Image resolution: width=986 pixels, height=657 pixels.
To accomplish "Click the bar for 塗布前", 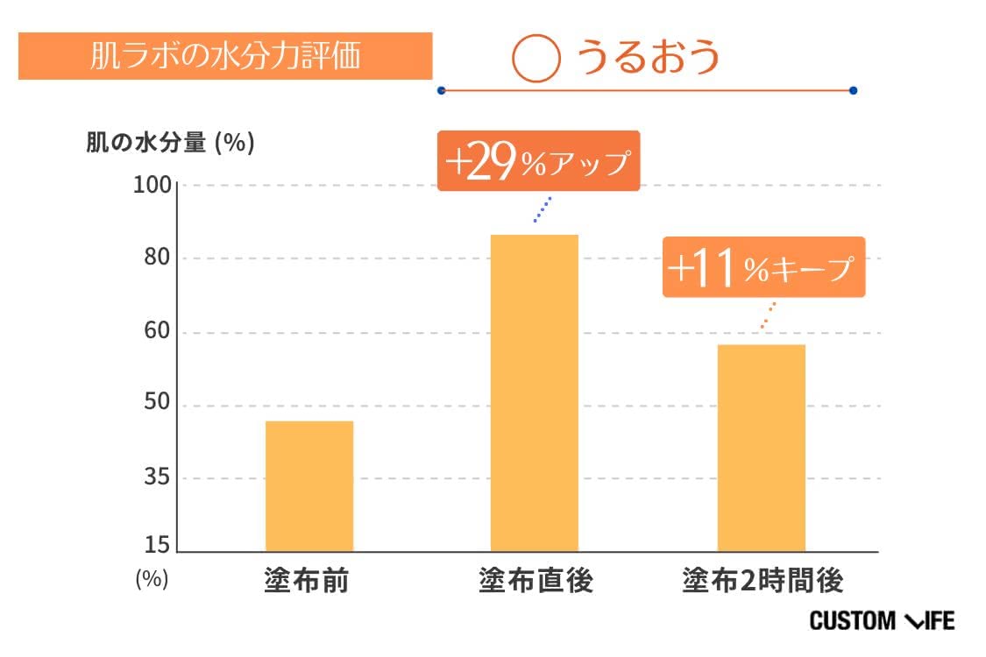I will [x=309, y=486].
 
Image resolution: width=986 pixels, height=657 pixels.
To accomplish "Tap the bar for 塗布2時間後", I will [x=761, y=448].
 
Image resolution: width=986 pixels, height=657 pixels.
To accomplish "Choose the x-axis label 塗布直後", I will [x=536, y=581].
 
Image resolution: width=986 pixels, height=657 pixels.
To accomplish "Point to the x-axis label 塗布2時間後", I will [x=762, y=581].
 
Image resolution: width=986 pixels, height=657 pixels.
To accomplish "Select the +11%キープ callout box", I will [x=763, y=268].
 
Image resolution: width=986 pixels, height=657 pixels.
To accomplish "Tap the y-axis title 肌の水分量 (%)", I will [x=170, y=143].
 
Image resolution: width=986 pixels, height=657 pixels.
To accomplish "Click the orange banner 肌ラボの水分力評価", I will [x=225, y=56].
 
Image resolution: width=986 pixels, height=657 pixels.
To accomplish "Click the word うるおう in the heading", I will [x=648, y=58].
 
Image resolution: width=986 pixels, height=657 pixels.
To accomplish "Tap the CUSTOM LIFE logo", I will [x=882, y=621].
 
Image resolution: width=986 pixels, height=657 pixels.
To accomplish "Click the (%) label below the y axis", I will [x=152, y=579].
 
